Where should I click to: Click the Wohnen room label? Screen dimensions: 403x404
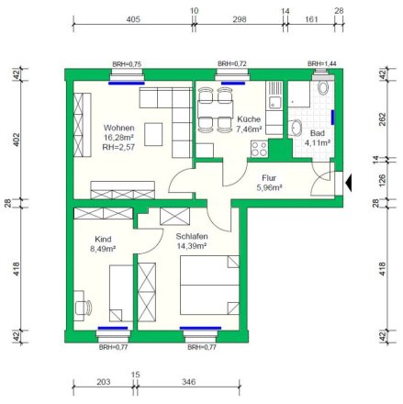[x=118, y=128]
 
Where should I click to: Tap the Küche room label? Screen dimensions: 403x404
[x=249, y=119]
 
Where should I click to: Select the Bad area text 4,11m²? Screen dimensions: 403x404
[x=318, y=142]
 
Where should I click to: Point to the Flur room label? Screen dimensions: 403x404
[x=269, y=178]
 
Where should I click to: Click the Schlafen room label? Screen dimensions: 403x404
[x=192, y=236]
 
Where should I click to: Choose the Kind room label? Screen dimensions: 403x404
[x=103, y=239]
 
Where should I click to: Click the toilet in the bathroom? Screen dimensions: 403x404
[x=323, y=86]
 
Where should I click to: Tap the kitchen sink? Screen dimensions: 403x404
[x=274, y=102]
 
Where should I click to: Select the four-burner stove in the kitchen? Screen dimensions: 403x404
[x=259, y=149]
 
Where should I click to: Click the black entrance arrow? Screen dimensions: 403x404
[x=348, y=183]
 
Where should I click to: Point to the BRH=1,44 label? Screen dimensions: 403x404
[x=322, y=63]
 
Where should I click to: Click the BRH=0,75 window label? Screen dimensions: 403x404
[x=127, y=64]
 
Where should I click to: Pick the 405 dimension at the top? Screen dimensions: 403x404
[x=133, y=19]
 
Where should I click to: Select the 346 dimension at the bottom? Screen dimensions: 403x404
[x=188, y=382]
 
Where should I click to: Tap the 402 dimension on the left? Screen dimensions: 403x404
[x=17, y=140]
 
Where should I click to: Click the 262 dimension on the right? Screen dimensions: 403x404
[x=383, y=119]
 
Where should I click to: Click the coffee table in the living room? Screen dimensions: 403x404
[x=153, y=134]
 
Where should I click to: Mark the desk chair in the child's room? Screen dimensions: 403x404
[x=84, y=308]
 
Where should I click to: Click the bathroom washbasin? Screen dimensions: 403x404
[x=296, y=128]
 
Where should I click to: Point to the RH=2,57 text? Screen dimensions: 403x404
[x=118, y=147]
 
